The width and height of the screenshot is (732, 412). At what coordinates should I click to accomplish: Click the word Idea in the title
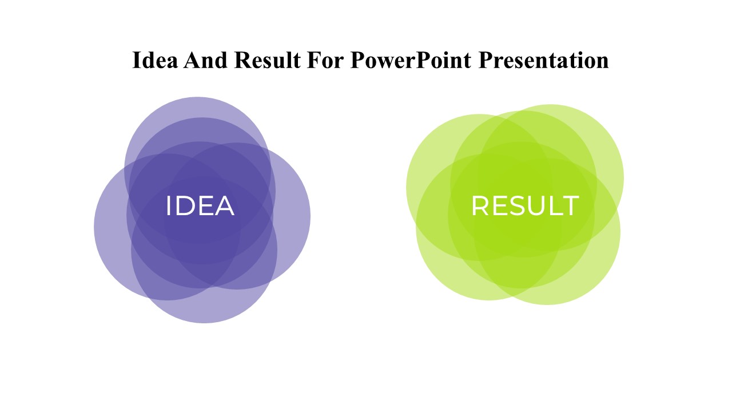[155, 60]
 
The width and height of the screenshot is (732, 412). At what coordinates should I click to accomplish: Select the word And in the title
[205, 60]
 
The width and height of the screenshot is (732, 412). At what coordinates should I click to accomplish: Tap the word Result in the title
[268, 60]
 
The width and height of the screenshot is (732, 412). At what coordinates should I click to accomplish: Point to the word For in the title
[325, 60]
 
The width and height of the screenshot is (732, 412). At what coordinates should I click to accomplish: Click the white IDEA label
[200, 206]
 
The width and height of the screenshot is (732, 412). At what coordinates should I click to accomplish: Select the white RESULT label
[525, 205]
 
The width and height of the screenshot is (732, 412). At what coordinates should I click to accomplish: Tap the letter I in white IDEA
[169, 206]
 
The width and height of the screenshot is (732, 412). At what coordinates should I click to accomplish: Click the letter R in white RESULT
[480, 205]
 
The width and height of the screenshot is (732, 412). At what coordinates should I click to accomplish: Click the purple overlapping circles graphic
[202, 210]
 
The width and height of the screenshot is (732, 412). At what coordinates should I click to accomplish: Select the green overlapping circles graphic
[515, 205]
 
